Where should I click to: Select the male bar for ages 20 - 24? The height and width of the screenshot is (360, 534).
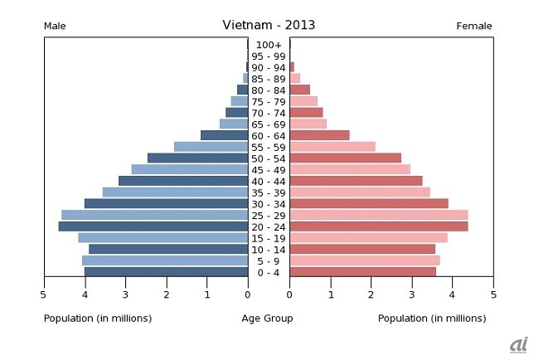click(153, 226)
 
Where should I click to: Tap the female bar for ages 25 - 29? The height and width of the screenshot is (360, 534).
click(378, 215)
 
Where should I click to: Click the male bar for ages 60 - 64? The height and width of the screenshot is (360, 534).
click(224, 135)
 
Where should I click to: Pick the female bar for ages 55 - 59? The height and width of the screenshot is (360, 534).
click(332, 147)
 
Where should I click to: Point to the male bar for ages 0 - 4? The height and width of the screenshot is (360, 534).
click(166, 271)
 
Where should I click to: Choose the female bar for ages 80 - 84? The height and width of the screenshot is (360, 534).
click(299, 90)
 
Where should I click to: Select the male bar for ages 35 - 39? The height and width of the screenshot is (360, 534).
click(175, 192)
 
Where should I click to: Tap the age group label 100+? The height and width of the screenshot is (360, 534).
click(269, 45)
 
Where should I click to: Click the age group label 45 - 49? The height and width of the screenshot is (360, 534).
click(269, 169)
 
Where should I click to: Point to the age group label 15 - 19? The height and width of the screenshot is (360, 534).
click(269, 238)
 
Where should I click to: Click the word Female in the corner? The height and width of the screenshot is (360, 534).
click(474, 27)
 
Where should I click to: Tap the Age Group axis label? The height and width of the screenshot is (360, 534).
click(267, 319)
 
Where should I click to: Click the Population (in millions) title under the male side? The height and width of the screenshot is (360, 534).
click(97, 319)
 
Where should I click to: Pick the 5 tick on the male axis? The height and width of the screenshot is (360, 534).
click(44, 294)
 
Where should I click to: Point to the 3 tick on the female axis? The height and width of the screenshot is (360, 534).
click(411, 294)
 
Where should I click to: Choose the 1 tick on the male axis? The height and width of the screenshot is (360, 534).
click(207, 294)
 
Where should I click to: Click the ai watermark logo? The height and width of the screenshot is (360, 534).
click(519, 344)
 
